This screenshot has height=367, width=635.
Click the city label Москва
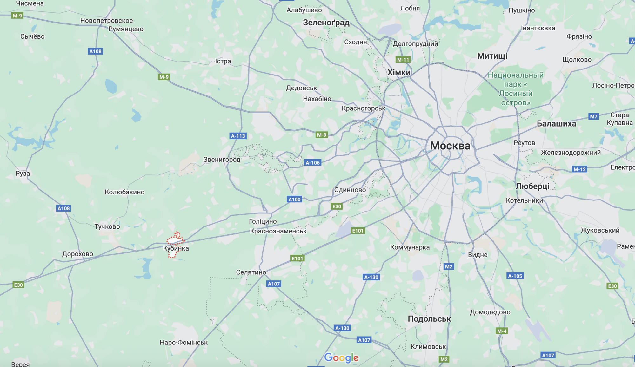pos(450,146)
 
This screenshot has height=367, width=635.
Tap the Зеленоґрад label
pos(326,23)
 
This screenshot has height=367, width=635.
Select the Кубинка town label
pos(176,248)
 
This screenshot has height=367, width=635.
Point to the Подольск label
pos(429,319)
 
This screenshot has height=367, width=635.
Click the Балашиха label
pos(556,124)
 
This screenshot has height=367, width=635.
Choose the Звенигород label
pos(222,160)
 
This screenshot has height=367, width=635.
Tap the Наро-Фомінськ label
pos(184,343)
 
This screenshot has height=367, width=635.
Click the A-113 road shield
pos(238,136)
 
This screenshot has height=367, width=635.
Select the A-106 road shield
pos(312,163)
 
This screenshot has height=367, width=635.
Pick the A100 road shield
pos(294,200)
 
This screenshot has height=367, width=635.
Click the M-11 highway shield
pos(403,60)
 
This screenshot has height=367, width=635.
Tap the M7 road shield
pos(593,116)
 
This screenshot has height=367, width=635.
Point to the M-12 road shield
pos(579,169)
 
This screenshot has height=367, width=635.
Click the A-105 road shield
pos(515,276)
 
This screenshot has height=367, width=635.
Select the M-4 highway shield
pos(502,331)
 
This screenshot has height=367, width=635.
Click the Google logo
pos(341,358)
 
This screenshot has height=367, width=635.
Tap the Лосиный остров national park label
pos(516,89)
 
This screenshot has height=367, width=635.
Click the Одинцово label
pos(350,190)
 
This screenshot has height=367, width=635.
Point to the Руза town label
pos(23,174)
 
